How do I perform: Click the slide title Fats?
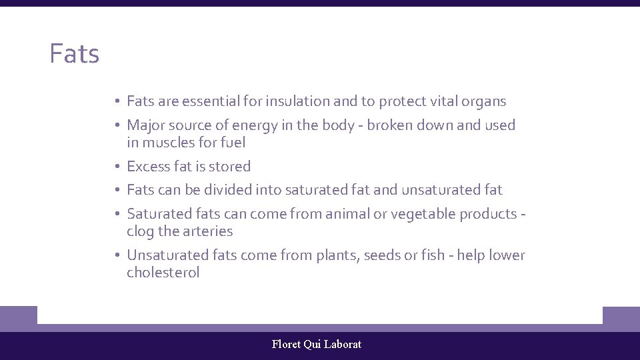74,54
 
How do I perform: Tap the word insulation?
297,101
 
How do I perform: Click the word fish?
431,255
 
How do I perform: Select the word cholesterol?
163,273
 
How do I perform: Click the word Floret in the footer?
286,345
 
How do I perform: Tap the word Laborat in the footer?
343,345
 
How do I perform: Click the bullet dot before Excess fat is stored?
116,167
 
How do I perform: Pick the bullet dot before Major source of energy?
116,125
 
